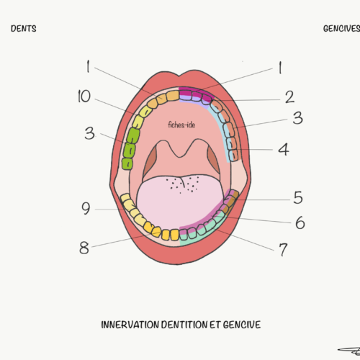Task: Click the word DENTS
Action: click(x=24, y=29)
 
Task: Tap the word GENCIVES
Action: click(x=341, y=29)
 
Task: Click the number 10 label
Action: click(x=84, y=96)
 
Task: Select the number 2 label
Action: click(x=289, y=97)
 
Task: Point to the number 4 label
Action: click(x=284, y=149)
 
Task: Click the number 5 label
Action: click(x=298, y=197)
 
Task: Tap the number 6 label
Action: click(x=300, y=222)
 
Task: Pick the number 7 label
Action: click(x=283, y=250)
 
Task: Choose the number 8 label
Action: click(x=84, y=248)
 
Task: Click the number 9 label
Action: click(x=86, y=208)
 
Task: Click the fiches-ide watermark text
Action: click(x=181, y=125)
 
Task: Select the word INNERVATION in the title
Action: click(x=130, y=325)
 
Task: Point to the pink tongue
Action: click(x=180, y=199)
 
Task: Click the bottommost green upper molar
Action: click(x=127, y=164)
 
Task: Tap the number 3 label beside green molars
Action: click(x=89, y=133)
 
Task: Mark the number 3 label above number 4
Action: click(x=297, y=118)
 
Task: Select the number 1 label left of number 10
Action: click(x=88, y=66)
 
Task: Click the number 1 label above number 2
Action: click(x=280, y=68)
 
